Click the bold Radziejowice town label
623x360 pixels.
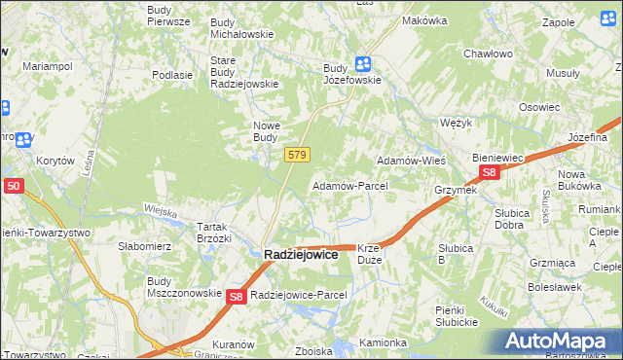point(302,254)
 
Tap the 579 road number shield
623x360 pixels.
point(298,155)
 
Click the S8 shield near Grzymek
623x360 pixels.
point(490,173)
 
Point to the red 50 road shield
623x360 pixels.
point(13,185)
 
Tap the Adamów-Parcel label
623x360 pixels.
point(349,185)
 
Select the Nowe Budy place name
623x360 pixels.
point(266,131)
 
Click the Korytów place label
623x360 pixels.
point(55,161)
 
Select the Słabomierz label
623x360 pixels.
point(145,246)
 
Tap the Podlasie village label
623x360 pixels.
point(171,75)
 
